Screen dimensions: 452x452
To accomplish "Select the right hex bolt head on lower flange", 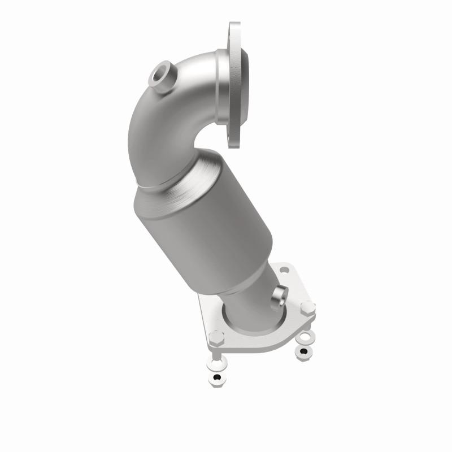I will (x=307, y=308).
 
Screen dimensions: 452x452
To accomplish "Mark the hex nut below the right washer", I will (x=303, y=351).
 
